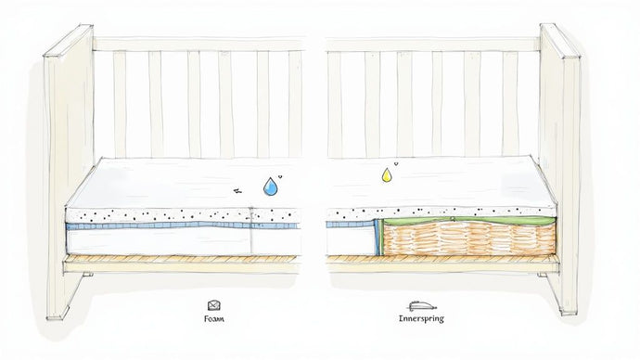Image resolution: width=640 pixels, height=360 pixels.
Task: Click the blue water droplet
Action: click(x=270, y=186)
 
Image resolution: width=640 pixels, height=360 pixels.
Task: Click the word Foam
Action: click(x=214, y=318)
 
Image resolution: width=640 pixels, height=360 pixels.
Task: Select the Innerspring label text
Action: click(x=422, y=318)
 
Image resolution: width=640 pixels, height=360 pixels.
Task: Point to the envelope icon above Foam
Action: click(x=214, y=303)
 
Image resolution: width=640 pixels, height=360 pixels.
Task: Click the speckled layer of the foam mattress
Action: click(x=158, y=214)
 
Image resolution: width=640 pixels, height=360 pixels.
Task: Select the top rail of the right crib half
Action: click(x=431, y=44)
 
